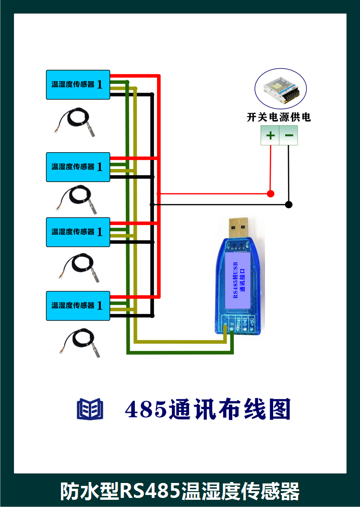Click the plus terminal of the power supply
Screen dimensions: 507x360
tap(270, 135)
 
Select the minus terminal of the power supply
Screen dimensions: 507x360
tap(289, 135)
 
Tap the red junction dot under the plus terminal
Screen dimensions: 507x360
tap(270, 193)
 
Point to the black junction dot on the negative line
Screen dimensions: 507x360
tap(288, 205)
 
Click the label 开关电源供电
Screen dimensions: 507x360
tap(278, 117)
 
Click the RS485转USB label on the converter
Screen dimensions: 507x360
tap(236, 280)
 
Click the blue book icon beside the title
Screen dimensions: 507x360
tap(90, 409)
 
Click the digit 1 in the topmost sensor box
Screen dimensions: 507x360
tap(100, 84)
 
